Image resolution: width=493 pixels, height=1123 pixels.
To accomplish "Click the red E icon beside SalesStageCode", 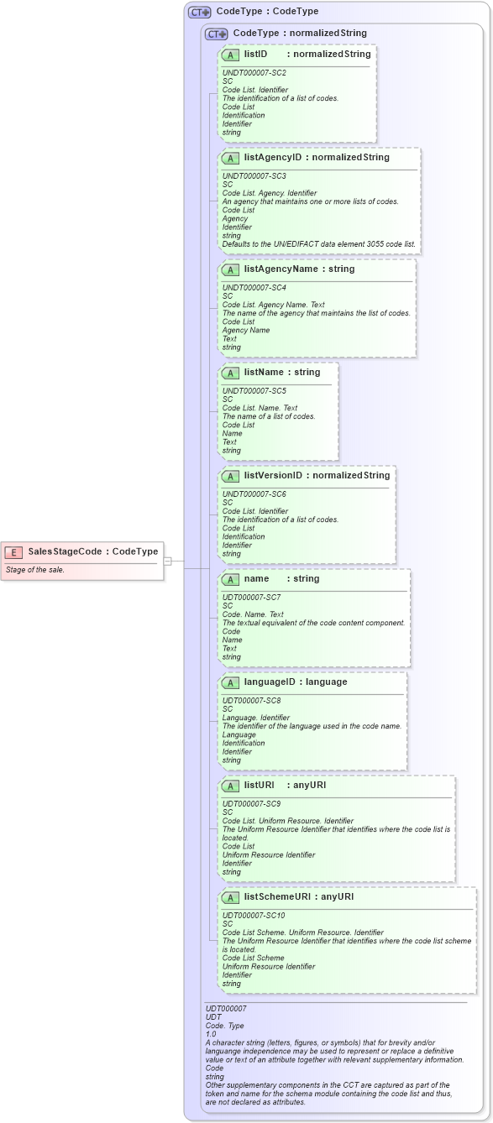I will click(x=13, y=551).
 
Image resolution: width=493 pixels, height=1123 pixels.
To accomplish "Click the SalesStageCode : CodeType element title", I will click(x=92, y=551).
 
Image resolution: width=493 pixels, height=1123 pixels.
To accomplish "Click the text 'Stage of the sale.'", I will click(x=35, y=570).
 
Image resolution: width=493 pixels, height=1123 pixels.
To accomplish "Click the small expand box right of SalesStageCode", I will click(x=168, y=561).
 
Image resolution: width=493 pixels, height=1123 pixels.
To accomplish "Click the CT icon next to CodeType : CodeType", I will click(x=199, y=12).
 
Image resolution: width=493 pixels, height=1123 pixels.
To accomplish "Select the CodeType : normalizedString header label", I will click(x=299, y=33).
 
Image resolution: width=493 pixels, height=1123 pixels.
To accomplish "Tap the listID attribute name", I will click(x=255, y=54).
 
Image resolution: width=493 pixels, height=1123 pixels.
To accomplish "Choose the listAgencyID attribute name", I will click(x=272, y=157).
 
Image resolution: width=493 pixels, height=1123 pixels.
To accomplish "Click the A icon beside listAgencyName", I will click(x=230, y=269).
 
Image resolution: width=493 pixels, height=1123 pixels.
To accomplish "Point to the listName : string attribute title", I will click(x=281, y=372).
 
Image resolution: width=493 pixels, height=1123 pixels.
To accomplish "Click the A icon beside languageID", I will click(x=230, y=682).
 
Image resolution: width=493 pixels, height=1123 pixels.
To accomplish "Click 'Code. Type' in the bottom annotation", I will click(x=224, y=1025).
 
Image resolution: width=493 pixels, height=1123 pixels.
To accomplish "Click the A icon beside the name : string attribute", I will click(x=230, y=579).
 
